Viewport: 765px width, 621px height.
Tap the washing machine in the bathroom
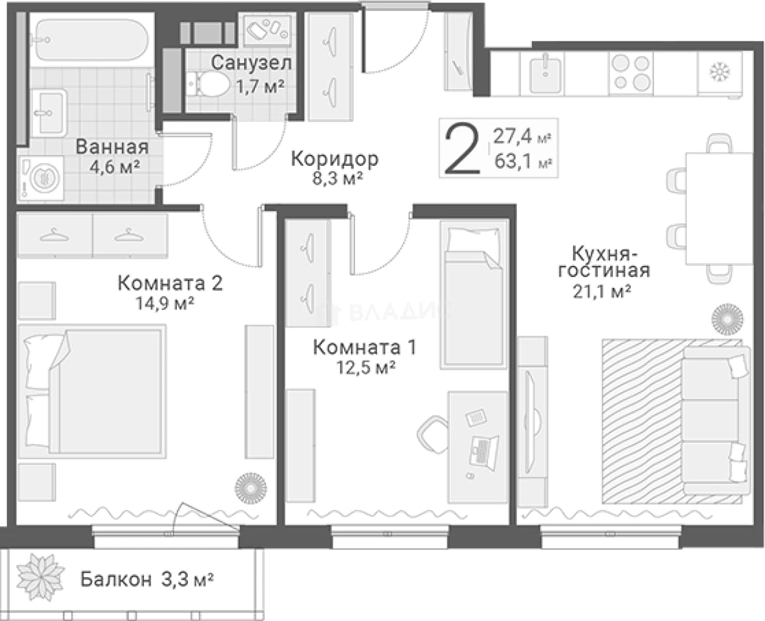click(41, 179)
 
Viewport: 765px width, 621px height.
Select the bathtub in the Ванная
click(92, 40)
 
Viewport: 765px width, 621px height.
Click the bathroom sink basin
click(49, 113)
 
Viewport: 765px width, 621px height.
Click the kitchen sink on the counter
click(545, 74)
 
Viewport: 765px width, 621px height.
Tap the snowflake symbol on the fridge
click(720, 71)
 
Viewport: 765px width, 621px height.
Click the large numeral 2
click(462, 148)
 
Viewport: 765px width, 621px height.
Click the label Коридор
click(334, 159)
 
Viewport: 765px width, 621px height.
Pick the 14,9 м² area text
click(165, 304)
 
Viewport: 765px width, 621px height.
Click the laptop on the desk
click(484, 451)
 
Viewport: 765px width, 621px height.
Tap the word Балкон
click(116, 579)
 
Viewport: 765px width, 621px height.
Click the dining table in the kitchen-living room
click(719, 208)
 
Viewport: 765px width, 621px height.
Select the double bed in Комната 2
click(92, 392)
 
